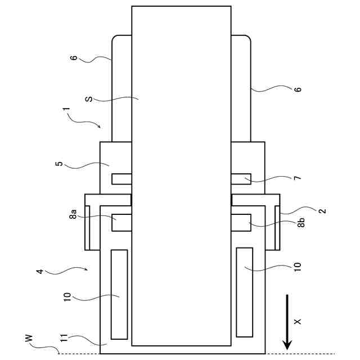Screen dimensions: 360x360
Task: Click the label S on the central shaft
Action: (x=88, y=100)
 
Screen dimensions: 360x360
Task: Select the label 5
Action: (x=59, y=165)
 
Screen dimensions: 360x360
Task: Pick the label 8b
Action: (x=301, y=222)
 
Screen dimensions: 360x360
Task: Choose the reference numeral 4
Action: (x=39, y=271)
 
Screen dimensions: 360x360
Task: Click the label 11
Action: (x=64, y=339)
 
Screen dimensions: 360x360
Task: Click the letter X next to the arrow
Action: (x=298, y=321)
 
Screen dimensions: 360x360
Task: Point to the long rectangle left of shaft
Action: (x=119, y=294)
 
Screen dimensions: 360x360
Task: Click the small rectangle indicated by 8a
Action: (x=121, y=222)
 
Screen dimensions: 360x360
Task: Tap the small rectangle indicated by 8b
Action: (x=241, y=222)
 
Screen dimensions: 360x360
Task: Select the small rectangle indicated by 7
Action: (x=241, y=179)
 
